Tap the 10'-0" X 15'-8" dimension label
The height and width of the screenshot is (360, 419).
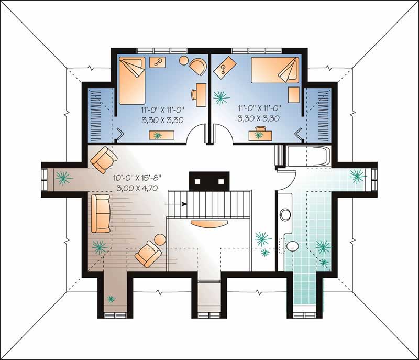[x=136, y=178]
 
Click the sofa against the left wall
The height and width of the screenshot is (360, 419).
[x=100, y=214]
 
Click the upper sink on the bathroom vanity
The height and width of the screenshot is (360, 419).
[x=285, y=215]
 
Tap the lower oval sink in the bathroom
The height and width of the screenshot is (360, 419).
[x=292, y=245]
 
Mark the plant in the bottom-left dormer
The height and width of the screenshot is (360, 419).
[x=111, y=299]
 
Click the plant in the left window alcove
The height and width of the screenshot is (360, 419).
[x=64, y=178]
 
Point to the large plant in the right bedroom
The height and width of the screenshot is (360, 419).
[x=221, y=97]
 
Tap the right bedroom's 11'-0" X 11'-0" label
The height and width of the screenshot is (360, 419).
[x=259, y=110]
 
